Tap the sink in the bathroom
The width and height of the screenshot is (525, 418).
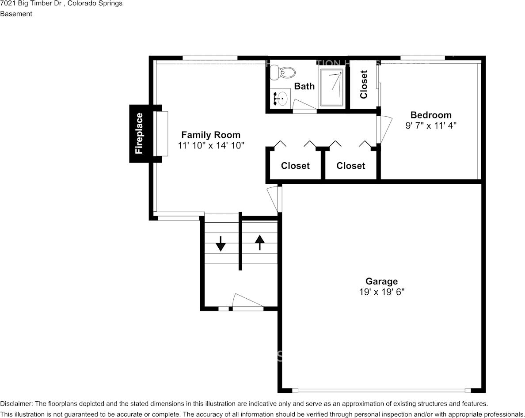coord(280,98)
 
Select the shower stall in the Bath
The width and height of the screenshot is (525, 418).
coord(331,87)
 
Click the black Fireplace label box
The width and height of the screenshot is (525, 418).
coord(139,133)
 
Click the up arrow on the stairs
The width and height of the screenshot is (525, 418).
coord(259,242)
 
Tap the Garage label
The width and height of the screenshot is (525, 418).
coord(381,281)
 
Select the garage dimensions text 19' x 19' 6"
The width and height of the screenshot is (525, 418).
coord(381,292)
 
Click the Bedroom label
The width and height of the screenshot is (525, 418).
coord(431,115)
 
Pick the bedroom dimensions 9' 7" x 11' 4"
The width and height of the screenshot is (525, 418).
coord(431,125)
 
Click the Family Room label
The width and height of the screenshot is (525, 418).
coord(211,135)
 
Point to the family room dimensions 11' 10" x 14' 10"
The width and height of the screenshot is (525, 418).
coord(211,145)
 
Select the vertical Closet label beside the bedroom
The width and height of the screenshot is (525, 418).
coord(364,84)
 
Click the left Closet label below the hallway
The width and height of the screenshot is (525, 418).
coord(295,166)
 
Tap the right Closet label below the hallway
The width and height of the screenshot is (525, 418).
coord(350,166)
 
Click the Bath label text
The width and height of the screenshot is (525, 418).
coord(304,86)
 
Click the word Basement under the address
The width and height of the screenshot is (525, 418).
coord(16,14)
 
